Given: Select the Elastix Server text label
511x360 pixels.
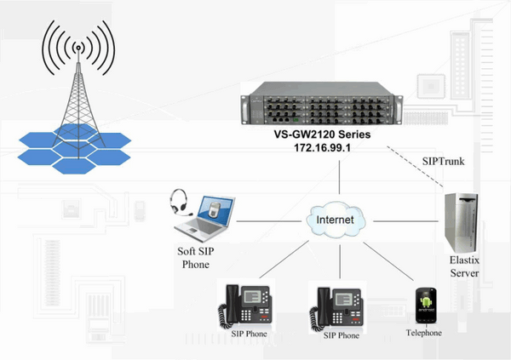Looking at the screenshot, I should (x=465, y=268).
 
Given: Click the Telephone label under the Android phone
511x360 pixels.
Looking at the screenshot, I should (x=424, y=333).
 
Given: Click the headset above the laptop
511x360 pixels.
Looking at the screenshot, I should (x=179, y=202).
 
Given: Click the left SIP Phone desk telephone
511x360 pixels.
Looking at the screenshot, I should (x=246, y=304).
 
